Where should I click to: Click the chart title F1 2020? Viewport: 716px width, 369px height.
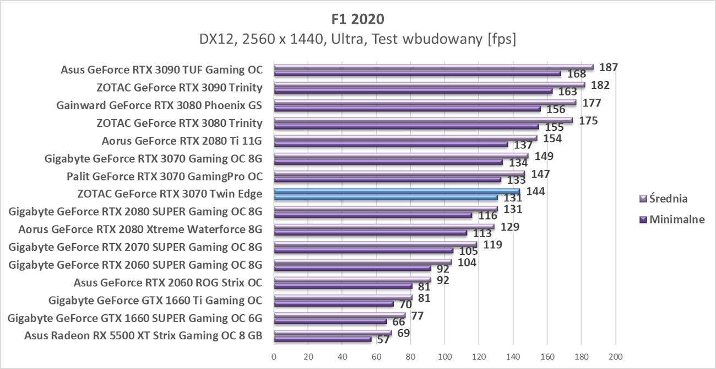pos(358,19)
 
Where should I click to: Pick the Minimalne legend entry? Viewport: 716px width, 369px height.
pos(677,219)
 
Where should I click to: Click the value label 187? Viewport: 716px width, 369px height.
pos(609,67)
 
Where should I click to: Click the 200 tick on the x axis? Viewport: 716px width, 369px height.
pos(615,356)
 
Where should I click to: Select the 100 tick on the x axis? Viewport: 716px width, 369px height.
pos(444,356)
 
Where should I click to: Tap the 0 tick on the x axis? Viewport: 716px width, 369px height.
pos(274,356)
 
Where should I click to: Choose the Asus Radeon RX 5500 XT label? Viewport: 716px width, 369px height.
pos(143,335)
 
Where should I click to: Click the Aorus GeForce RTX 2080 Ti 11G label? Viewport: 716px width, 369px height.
pos(182,141)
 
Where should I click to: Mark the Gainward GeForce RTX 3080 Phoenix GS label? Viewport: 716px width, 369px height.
pos(159,105)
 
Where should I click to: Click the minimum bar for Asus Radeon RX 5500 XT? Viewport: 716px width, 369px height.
pos(322,339)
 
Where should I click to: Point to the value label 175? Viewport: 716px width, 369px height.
pos(589,121)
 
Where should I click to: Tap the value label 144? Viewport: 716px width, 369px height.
pos(536,192)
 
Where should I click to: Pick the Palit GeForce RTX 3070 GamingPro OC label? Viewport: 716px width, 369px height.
pos(164,177)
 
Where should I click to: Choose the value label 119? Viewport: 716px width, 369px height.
pos(492,244)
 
